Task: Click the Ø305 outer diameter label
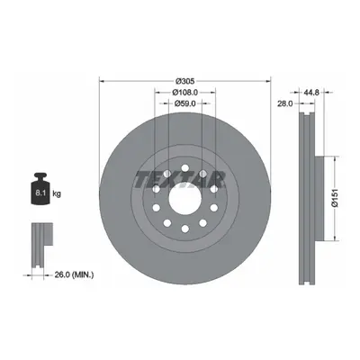(x=185, y=81)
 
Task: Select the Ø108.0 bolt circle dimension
(x=185, y=92)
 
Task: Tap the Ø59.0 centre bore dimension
(x=185, y=103)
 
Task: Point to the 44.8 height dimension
(x=310, y=93)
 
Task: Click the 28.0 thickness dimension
(x=284, y=103)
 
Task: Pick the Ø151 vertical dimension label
(x=335, y=198)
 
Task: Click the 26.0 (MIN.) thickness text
(x=74, y=274)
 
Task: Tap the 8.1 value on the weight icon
(x=40, y=193)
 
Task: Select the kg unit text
(x=57, y=193)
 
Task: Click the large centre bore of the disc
(x=184, y=198)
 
